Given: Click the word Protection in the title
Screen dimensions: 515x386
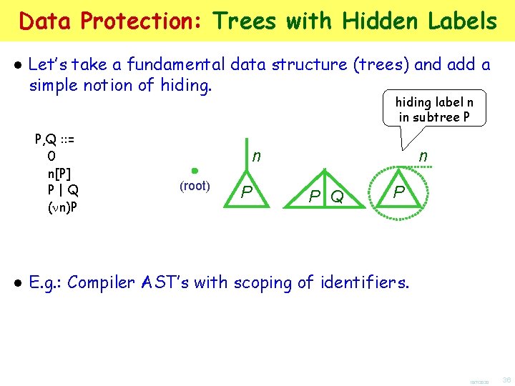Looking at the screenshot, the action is pyautogui.click(x=142, y=21).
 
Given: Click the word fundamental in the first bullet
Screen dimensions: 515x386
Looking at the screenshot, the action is pyautogui.click(x=177, y=65).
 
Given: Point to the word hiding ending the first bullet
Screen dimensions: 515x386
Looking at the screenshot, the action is pyautogui.click(x=185, y=86).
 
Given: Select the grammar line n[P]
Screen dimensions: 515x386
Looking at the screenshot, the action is pyautogui.click(x=59, y=173).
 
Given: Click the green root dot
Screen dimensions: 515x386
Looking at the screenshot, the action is pyautogui.click(x=194, y=171).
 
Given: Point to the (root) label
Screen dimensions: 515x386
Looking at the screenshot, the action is pyautogui.click(x=194, y=186).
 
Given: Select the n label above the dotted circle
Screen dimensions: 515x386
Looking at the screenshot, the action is pyautogui.click(x=423, y=156).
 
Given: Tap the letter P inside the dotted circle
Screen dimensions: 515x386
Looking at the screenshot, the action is pyautogui.click(x=399, y=192).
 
